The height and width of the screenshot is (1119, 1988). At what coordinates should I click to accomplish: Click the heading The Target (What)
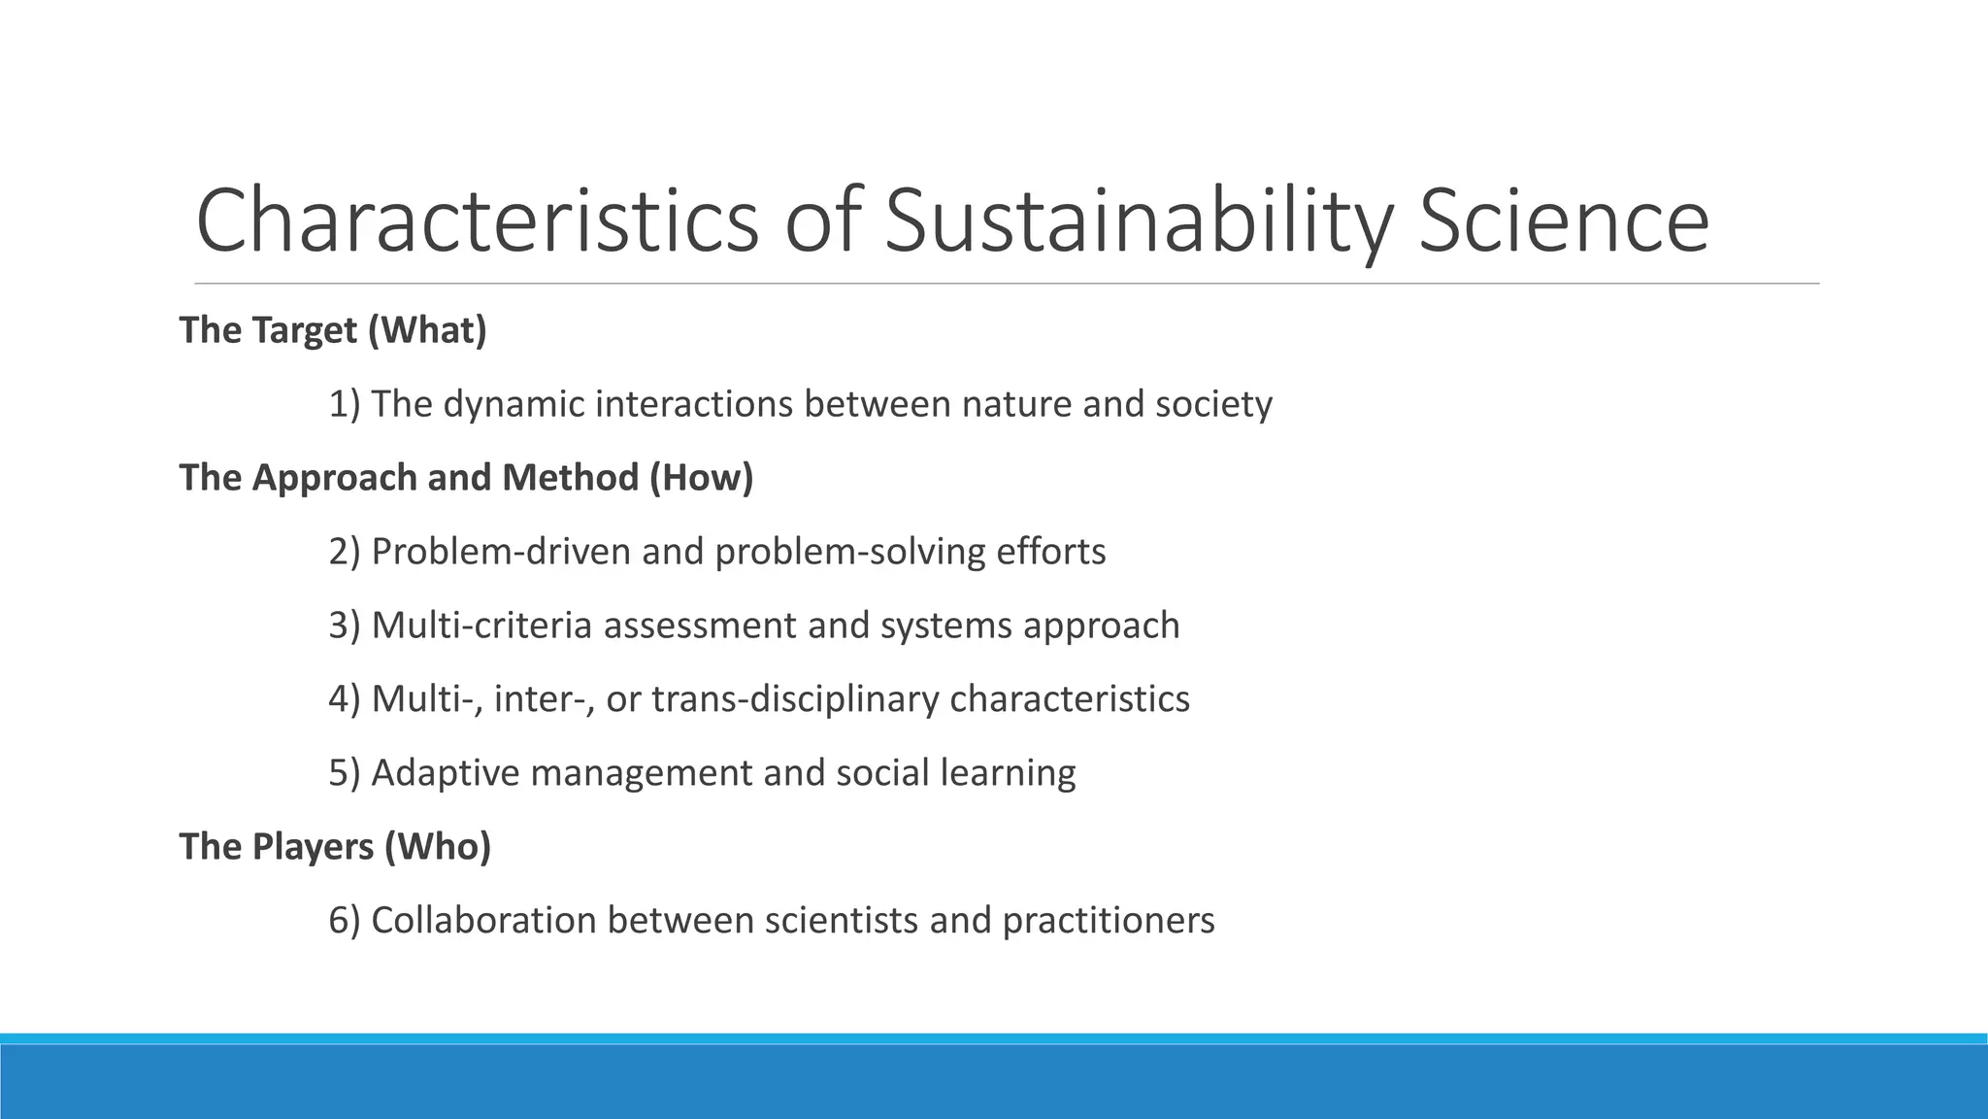point(333,331)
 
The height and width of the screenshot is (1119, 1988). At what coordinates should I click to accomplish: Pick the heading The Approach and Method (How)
point(466,478)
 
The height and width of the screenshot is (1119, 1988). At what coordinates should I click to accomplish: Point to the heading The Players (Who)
point(335,847)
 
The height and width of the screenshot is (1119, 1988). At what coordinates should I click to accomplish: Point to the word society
point(1213,404)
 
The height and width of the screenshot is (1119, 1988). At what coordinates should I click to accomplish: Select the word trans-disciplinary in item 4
point(795,699)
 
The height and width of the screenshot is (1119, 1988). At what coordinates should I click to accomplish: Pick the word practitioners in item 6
point(1108,921)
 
